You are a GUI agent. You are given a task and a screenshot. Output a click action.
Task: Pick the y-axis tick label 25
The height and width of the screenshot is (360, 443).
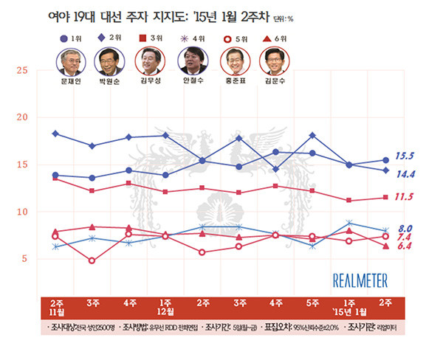(x=21, y=70)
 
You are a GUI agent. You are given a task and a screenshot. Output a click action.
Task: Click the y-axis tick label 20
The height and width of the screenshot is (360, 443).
(x=21, y=117)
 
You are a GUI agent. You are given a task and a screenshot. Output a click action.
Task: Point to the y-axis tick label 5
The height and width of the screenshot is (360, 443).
(x=24, y=259)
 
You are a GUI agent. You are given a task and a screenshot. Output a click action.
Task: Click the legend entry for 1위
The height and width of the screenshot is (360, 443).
(x=72, y=37)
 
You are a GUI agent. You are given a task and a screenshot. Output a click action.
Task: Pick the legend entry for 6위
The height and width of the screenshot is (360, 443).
(x=274, y=37)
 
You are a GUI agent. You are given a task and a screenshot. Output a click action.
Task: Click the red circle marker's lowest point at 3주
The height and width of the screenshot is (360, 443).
(x=91, y=260)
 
